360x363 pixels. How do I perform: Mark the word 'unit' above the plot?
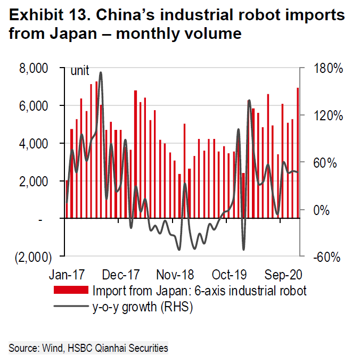tap(80, 71)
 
